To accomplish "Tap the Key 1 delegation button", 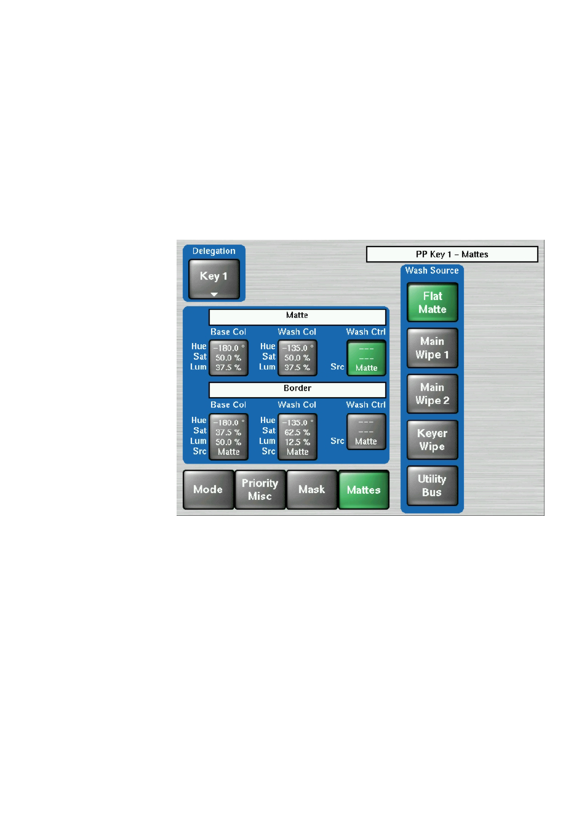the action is (214, 279).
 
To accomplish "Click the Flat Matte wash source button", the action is (433, 302).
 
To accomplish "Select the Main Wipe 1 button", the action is (433, 348).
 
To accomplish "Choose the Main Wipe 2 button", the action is (433, 394).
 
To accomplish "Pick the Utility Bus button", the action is (433, 486).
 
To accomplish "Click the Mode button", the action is (209, 490).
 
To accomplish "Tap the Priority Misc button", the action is (260, 490).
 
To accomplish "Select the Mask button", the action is (312, 490).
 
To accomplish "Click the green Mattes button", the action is (364, 490).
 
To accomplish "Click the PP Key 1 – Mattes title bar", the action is (452, 254).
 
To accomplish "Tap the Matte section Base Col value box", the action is (228, 358).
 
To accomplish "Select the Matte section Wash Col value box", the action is (297, 358).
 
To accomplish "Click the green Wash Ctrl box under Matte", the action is (366, 358).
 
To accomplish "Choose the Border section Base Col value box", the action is (228, 437).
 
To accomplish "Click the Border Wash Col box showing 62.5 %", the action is (297, 437).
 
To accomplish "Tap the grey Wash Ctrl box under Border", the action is (366, 432).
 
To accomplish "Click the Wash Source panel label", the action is (432, 271).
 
